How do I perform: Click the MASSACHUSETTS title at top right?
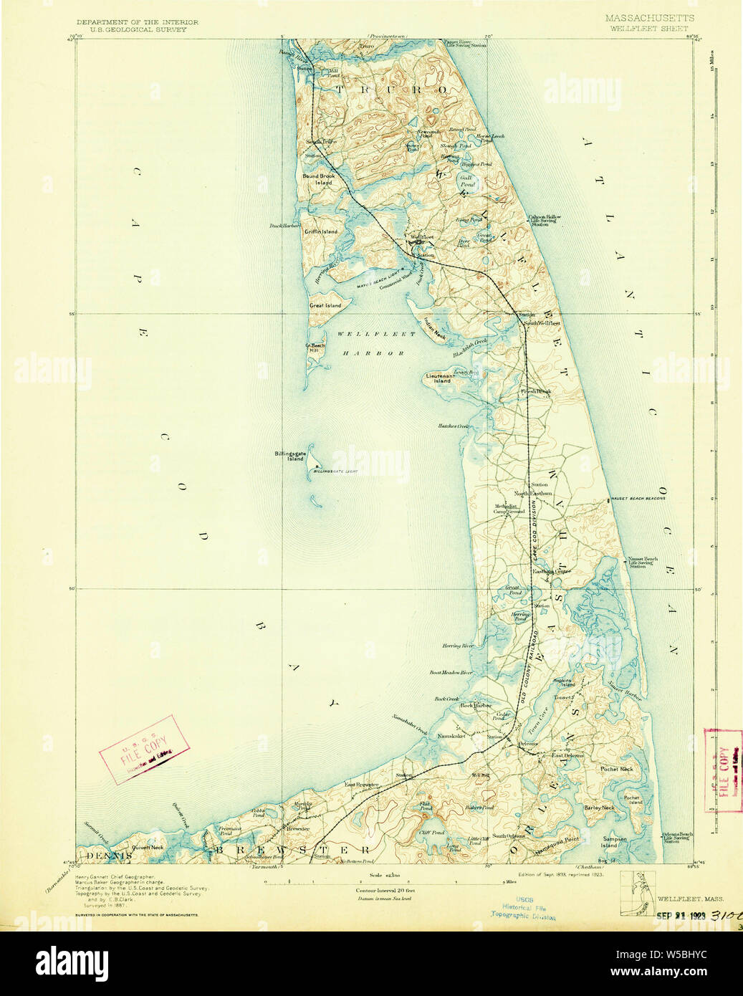click(649, 18)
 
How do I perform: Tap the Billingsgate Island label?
click(289, 456)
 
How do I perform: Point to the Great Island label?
click(325, 306)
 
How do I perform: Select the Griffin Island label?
click(320, 231)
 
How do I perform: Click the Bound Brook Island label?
click(318, 179)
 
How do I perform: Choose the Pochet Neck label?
click(616, 770)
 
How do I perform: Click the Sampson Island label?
click(615, 842)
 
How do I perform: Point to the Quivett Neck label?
click(148, 847)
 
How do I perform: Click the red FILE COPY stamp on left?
click(145, 746)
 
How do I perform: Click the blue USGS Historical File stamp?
click(523, 907)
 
